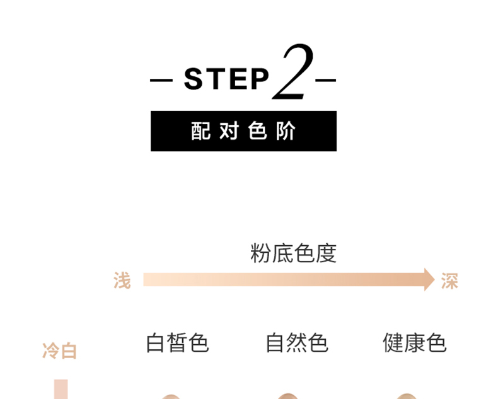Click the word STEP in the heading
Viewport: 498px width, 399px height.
click(226, 79)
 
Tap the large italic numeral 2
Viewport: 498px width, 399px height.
click(294, 74)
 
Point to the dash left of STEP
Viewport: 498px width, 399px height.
click(161, 81)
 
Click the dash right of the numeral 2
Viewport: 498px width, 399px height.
click(325, 81)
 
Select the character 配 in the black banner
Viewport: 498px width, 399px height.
click(201, 131)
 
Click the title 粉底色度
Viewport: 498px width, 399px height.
click(293, 253)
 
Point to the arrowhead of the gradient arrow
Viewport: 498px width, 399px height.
click(429, 279)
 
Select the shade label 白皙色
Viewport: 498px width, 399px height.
click(177, 344)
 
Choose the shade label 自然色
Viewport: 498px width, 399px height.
click(296, 344)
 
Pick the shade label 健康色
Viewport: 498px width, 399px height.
click(414, 344)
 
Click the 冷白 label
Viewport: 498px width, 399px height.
click(60, 351)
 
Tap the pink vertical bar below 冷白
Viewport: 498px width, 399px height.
click(61, 389)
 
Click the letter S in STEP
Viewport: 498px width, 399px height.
click(193, 79)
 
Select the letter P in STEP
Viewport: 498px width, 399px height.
click(259, 79)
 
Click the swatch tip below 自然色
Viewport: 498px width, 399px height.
click(288, 396)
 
